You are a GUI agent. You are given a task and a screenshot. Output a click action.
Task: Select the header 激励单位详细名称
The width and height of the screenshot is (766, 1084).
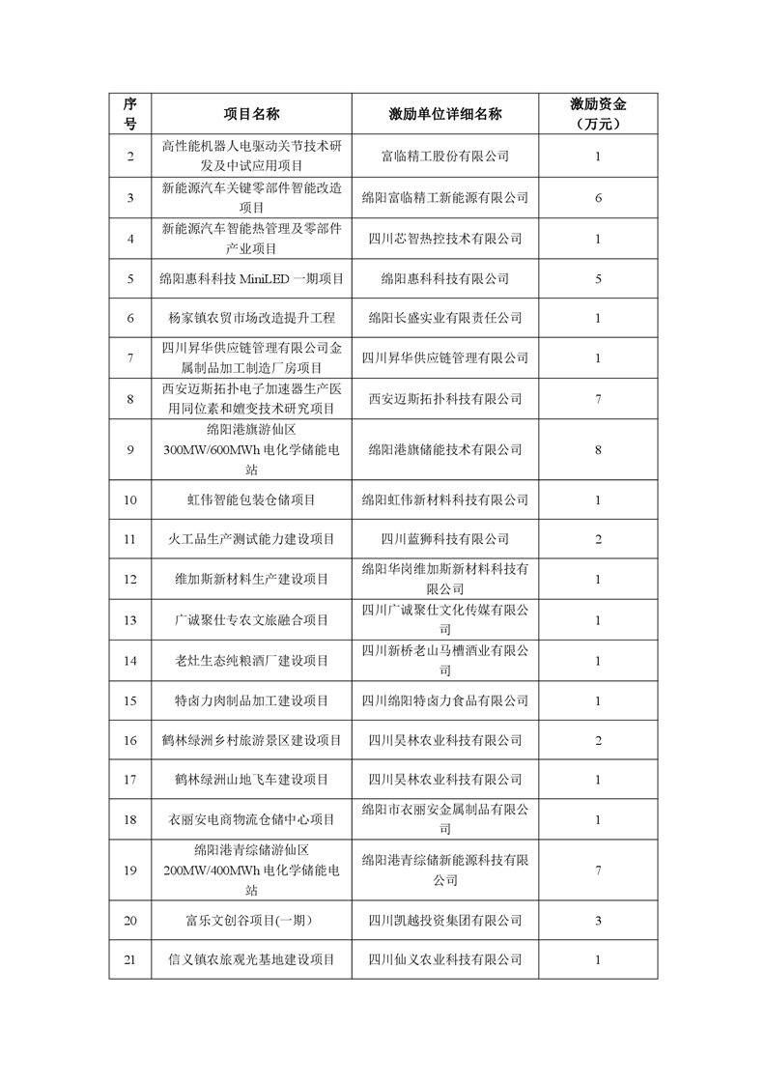coord(444,114)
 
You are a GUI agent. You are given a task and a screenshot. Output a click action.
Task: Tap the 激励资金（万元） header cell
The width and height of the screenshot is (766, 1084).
coord(598,114)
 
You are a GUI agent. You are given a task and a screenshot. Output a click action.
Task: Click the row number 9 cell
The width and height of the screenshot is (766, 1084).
coord(131,449)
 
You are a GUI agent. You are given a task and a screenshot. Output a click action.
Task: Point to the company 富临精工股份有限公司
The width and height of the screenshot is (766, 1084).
coord(444,156)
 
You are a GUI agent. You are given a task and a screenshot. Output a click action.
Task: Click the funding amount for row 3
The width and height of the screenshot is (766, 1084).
coord(598,197)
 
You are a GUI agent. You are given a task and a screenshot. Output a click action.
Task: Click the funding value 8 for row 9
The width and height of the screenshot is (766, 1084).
coord(598,449)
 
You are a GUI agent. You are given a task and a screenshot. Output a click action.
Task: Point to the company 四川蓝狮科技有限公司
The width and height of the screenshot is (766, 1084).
coord(444,539)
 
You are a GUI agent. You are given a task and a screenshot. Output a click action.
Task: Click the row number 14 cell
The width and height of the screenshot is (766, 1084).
coord(131,661)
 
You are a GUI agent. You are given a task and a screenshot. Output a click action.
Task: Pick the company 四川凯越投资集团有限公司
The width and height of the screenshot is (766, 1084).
coord(444,920)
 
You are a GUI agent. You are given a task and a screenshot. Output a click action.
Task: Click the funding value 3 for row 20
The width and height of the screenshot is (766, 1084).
coord(598,920)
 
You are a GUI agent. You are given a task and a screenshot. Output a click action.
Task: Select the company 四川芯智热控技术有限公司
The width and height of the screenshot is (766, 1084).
coord(444,238)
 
